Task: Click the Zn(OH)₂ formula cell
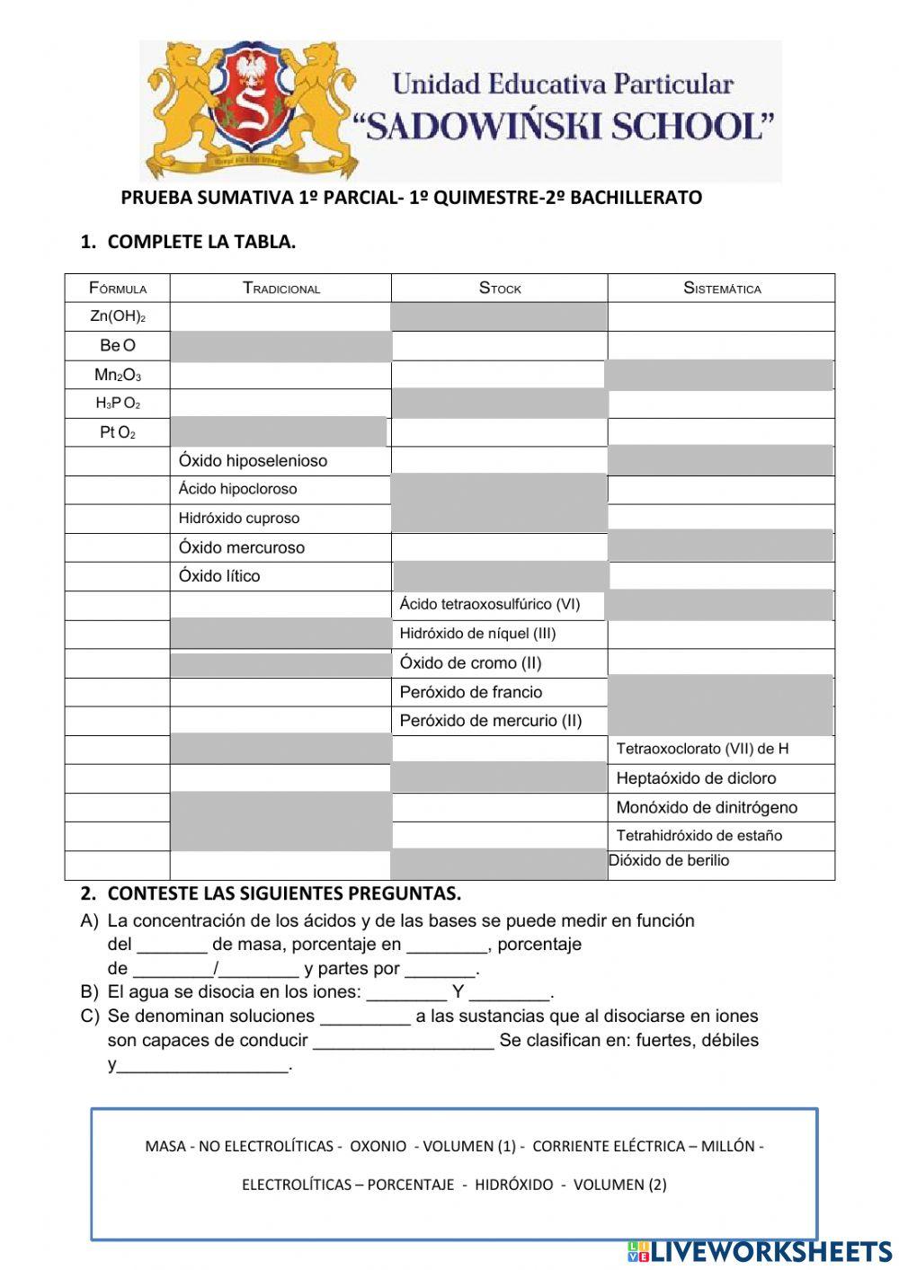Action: coord(118,316)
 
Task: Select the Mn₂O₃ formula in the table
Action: coord(118,375)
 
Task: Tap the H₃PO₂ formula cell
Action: coord(118,404)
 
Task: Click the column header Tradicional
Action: coord(280,289)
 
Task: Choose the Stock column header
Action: coord(499,289)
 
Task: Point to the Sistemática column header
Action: coord(721,289)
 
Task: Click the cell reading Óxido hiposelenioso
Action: coord(253,461)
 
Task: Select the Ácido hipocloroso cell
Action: coord(237,489)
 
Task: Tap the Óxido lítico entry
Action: coord(219,576)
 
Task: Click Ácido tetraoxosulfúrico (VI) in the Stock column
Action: coord(490,605)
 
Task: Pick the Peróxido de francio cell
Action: coord(471,692)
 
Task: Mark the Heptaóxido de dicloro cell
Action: coord(696,778)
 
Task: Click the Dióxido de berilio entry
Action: coord(669,861)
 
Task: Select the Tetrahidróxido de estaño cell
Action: coord(699,836)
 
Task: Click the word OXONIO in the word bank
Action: coord(378,1146)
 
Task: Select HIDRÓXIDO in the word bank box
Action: coord(513,1185)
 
